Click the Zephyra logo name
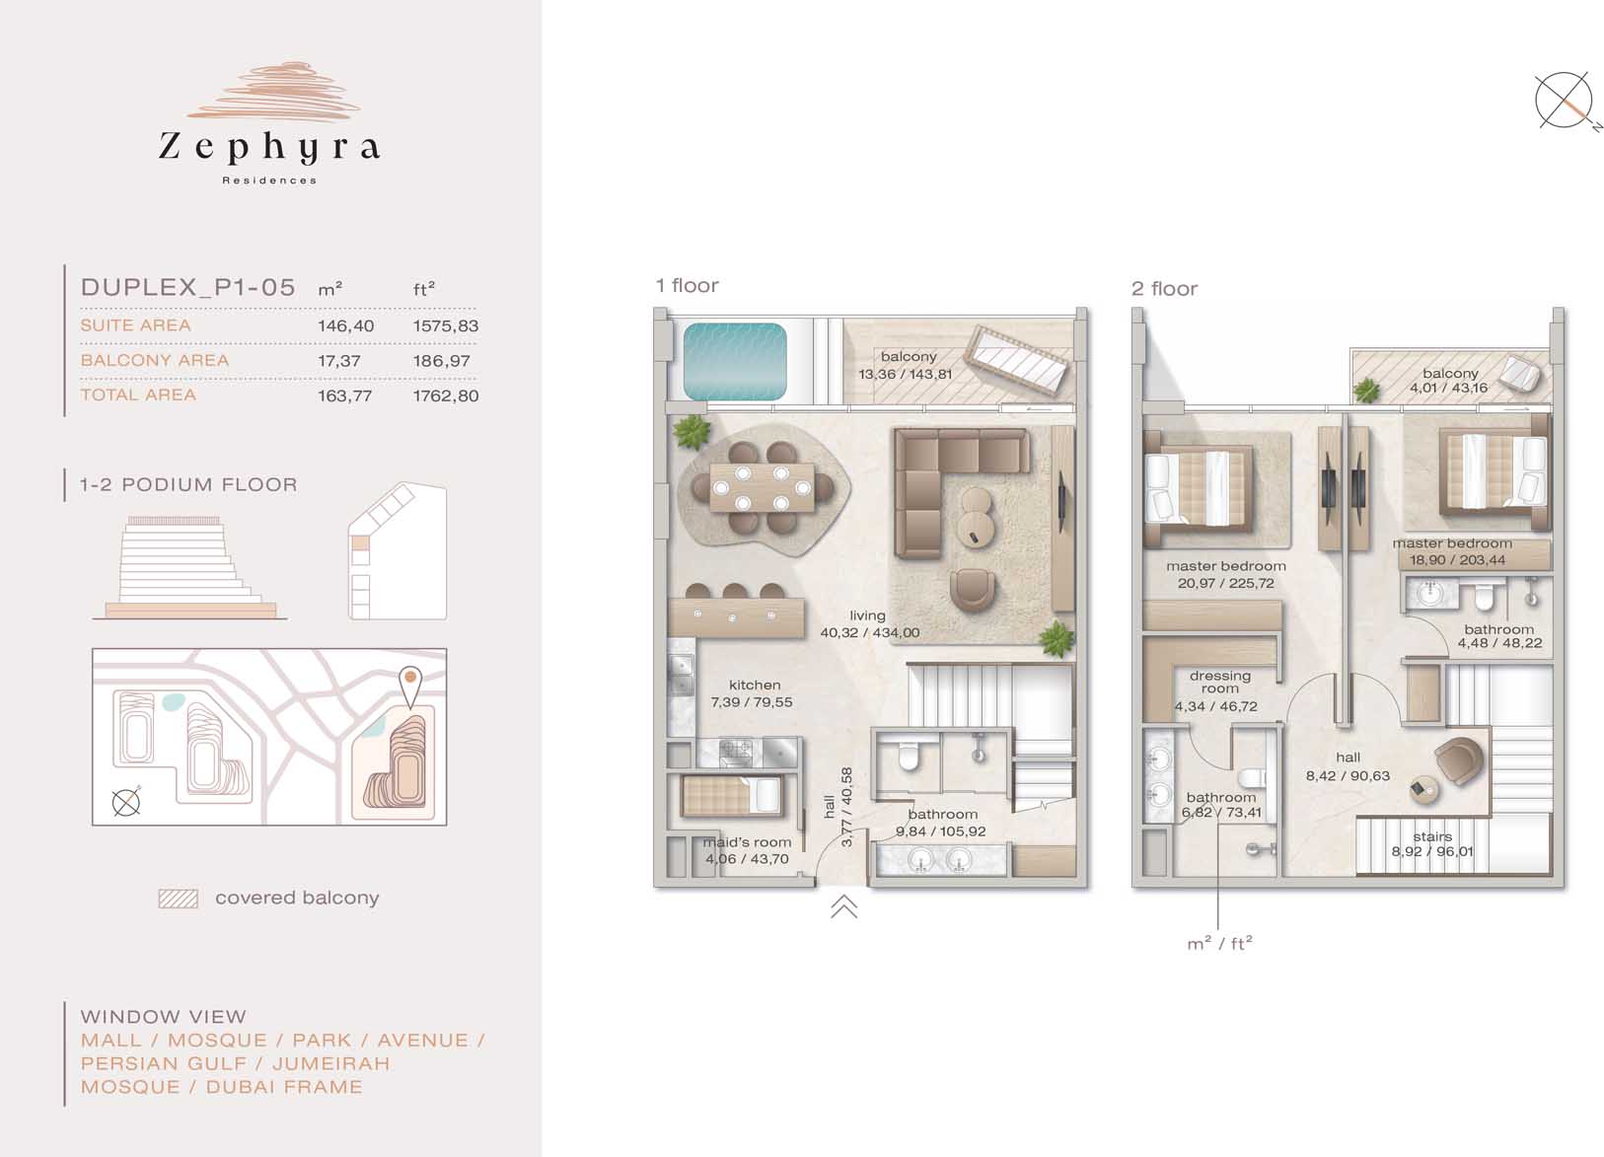point(269,147)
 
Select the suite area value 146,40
point(346,325)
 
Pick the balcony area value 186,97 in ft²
point(441,361)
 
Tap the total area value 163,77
point(345,396)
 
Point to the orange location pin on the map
point(410,686)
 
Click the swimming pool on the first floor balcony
point(735,361)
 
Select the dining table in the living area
point(763,488)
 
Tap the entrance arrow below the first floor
point(844,905)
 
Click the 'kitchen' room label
point(755,686)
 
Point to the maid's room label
point(747,842)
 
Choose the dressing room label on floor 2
point(1220,682)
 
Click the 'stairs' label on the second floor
point(1433,836)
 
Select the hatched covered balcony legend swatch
point(179,899)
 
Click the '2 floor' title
point(1164,289)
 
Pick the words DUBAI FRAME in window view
point(284,1087)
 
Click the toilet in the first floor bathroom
point(908,756)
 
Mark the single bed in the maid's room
point(730,796)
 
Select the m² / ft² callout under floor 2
point(1219,944)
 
